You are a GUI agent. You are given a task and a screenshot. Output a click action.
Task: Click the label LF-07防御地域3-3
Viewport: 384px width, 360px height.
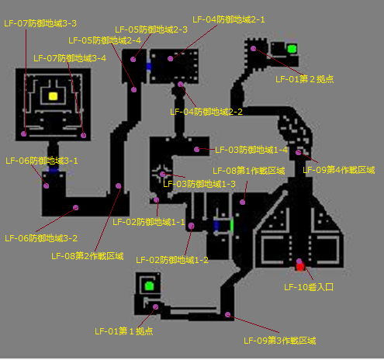pyautogui.click(x=40, y=23)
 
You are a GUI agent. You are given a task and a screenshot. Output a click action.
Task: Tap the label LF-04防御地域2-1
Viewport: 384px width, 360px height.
pyautogui.click(x=229, y=19)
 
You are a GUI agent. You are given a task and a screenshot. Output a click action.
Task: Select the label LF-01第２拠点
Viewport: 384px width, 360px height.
pyautogui.click(x=305, y=79)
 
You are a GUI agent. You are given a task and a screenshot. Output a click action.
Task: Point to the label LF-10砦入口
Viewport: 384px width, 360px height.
pyautogui.click(x=309, y=287)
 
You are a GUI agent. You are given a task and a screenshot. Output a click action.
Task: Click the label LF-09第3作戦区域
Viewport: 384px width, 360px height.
pyautogui.click(x=280, y=341)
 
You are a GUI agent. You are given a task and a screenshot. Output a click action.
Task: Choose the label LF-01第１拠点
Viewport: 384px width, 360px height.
pyautogui.click(x=124, y=331)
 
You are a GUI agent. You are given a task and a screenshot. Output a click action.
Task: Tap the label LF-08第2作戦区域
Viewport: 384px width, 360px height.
pyautogui.click(x=88, y=256)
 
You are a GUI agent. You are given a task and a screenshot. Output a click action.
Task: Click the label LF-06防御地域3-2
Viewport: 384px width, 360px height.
pyautogui.click(x=41, y=238)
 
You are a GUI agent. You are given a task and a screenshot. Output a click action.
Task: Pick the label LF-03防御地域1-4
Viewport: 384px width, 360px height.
pyautogui.click(x=251, y=150)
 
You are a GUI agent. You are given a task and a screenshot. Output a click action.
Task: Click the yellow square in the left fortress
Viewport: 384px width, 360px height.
pyautogui.click(x=53, y=96)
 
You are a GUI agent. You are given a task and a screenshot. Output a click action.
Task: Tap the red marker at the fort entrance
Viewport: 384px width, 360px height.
pyautogui.click(x=300, y=267)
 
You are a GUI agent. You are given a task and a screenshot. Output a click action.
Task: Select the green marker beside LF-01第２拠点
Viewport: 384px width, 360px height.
pyautogui.click(x=292, y=49)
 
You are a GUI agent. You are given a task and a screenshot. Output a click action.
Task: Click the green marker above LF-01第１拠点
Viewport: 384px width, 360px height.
pyautogui.click(x=149, y=286)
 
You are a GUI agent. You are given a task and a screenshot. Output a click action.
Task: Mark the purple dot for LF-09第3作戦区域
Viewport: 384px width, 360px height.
pyautogui.click(x=227, y=314)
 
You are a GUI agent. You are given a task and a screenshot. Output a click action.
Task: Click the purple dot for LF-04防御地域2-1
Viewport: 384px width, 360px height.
pyautogui.click(x=170, y=59)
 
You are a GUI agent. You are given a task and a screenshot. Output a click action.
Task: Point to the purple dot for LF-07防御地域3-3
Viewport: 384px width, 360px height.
pyautogui.click(x=24, y=133)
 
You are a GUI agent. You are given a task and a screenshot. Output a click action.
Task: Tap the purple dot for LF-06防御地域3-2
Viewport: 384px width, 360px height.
pyautogui.click(x=75, y=207)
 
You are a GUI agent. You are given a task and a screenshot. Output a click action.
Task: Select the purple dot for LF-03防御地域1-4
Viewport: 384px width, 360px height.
pyautogui.click(x=197, y=149)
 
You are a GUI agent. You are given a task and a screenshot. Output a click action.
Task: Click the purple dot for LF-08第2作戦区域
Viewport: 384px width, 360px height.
pyautogui.click(x=119, y=185)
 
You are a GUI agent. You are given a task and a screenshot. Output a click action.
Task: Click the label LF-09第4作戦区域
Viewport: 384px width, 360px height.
pyautogui.click(x=339, y=170)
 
